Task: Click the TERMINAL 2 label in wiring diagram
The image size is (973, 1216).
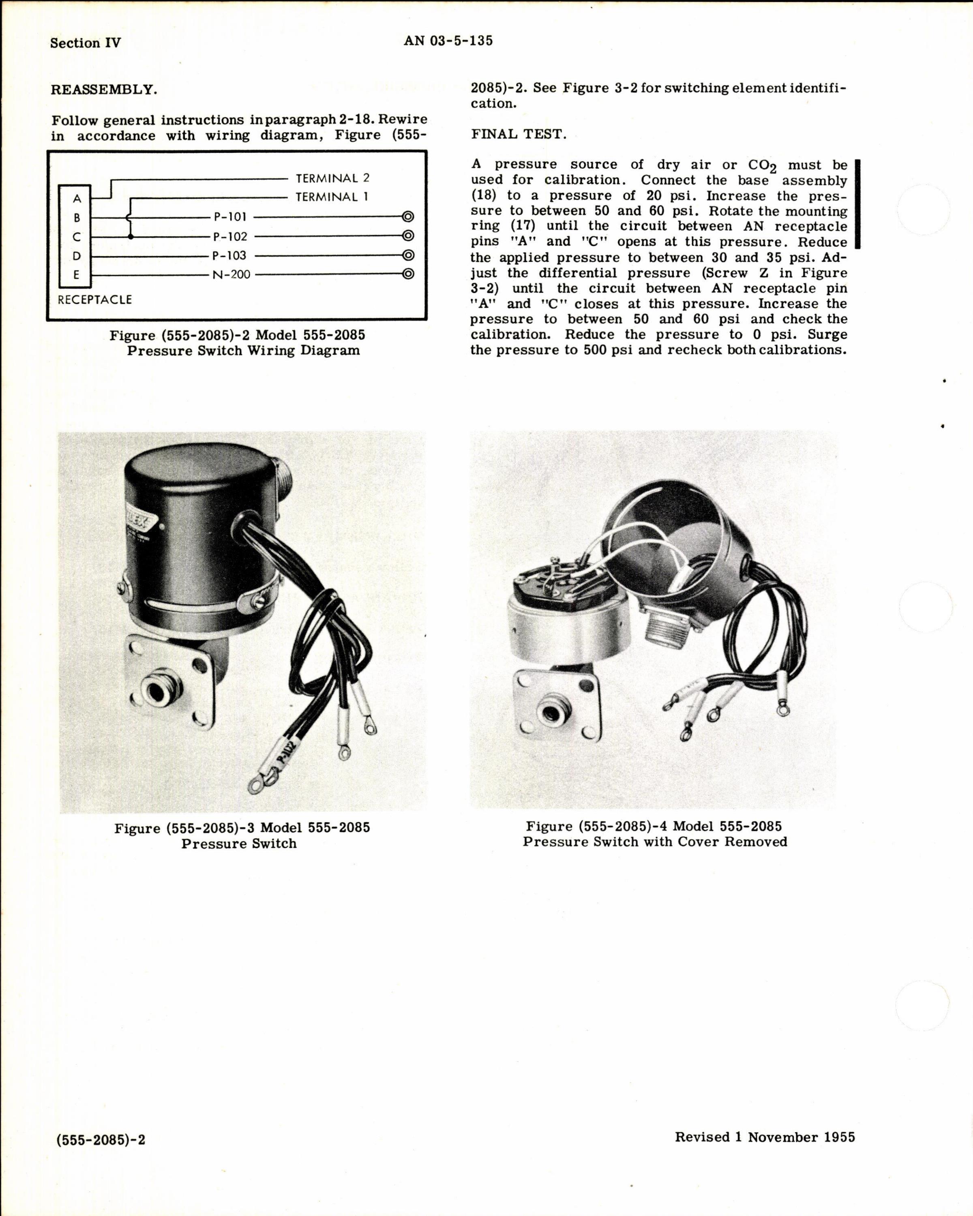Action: [x=332, y=178]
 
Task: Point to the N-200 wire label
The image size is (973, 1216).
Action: [x=231, y=275]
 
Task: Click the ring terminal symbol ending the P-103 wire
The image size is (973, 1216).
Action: [x=408, y=255]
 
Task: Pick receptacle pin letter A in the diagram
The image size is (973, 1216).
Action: [x=77, y=199]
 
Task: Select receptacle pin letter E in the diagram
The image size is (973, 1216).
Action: [x=77, y=275]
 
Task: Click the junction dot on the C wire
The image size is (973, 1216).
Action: [x=131, y=236]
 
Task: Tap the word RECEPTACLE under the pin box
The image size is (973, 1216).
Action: [x=95, y=300]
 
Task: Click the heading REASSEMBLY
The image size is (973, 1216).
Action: [x=104, y=90]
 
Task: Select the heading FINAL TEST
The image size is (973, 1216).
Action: [x=518, y=134]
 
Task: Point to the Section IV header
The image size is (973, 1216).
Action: [x=85, y=43]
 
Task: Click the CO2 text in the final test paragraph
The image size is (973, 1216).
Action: [x=762, y=165]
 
